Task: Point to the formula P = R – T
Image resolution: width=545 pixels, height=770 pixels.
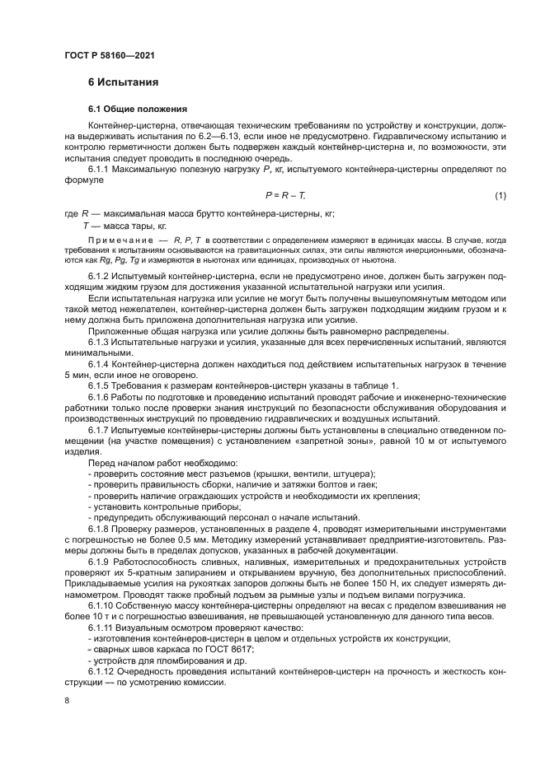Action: [x=285, y=195]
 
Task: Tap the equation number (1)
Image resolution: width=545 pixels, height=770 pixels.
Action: [x=500, y=195]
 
